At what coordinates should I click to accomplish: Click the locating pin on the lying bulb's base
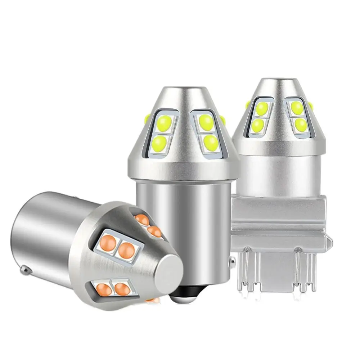pyautogui.click(x=24, y=269)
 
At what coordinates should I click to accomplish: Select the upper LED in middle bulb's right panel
pyautogui.click(x=206, y=122)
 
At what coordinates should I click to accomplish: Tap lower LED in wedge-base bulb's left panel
pyautogui.click(x=258, y=125)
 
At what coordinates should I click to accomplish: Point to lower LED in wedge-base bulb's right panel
pyautogui.click(x=301, y=125)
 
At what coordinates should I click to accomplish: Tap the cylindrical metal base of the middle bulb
pyautogui.click(x=184, y=223)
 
